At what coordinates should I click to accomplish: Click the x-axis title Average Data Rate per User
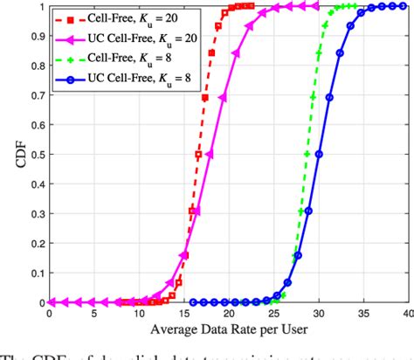click(x=229, y=329)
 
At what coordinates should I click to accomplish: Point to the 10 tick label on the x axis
click(x=140, y=314)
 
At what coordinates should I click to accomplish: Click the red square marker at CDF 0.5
click(x=198, y=155)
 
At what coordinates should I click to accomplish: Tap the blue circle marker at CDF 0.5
click(x=318, y=155)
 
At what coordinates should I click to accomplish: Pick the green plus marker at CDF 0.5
click(x=307, y=155)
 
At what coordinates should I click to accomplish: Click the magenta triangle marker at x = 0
click(x=51, y=302)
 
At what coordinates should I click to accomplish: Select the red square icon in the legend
click(x=77, y=18)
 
